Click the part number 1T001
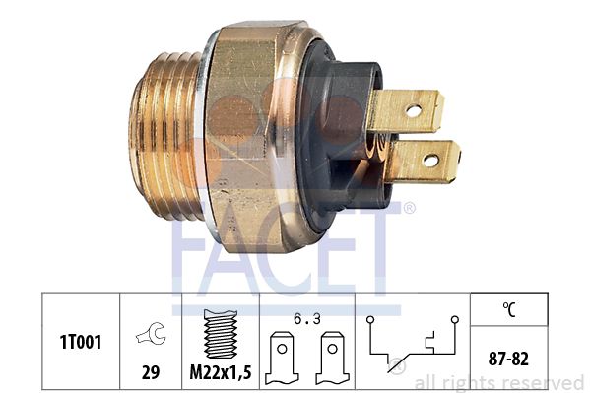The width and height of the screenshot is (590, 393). tap(81, 343)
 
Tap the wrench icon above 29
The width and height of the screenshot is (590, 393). tap(151, 334)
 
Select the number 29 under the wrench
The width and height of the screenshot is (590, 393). tap(151, 372)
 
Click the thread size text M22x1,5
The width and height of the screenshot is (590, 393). tap(221, 372)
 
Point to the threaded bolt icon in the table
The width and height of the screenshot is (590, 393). tap(221, 334)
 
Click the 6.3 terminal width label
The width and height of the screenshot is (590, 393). tap(307, 319)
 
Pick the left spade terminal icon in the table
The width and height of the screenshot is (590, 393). tap(283, 358)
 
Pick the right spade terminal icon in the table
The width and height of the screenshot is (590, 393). tap(333, 358)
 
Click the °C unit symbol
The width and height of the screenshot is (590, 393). tap(509, 309)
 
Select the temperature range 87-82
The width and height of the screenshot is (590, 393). tap(508, 359)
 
